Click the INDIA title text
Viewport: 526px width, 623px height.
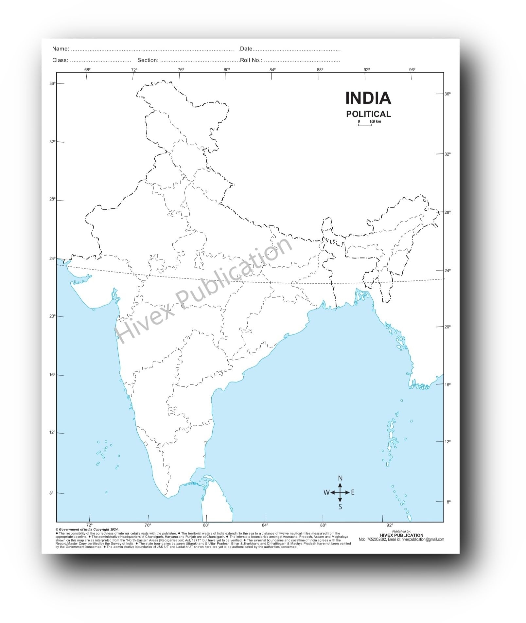(368, 98)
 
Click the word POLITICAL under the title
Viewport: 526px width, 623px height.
(368, 114)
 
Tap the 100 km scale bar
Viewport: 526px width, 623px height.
(365, 125)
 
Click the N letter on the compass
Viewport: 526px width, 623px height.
(340, 478)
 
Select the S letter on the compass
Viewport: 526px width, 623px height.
(340, 507)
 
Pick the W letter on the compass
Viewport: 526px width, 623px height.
(326, 492)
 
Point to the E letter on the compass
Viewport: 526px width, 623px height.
(353, 492)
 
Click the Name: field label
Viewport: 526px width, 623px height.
(61, 49)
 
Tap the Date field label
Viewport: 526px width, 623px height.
(246, 49)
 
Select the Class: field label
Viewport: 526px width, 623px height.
(60, 60)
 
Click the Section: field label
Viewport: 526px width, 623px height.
(148, 60)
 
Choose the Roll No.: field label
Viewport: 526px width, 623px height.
(251, 60)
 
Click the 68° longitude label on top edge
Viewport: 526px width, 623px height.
(87, 70)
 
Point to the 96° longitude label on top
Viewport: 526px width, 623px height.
(412, 70)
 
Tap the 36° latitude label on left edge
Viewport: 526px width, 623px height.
(52, 83)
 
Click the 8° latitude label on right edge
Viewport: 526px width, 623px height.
(448, 502)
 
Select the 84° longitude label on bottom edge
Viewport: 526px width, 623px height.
(265, 525)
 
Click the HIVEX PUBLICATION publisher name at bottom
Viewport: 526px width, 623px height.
(401, 535)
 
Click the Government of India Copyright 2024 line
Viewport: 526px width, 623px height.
(87, 529)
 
